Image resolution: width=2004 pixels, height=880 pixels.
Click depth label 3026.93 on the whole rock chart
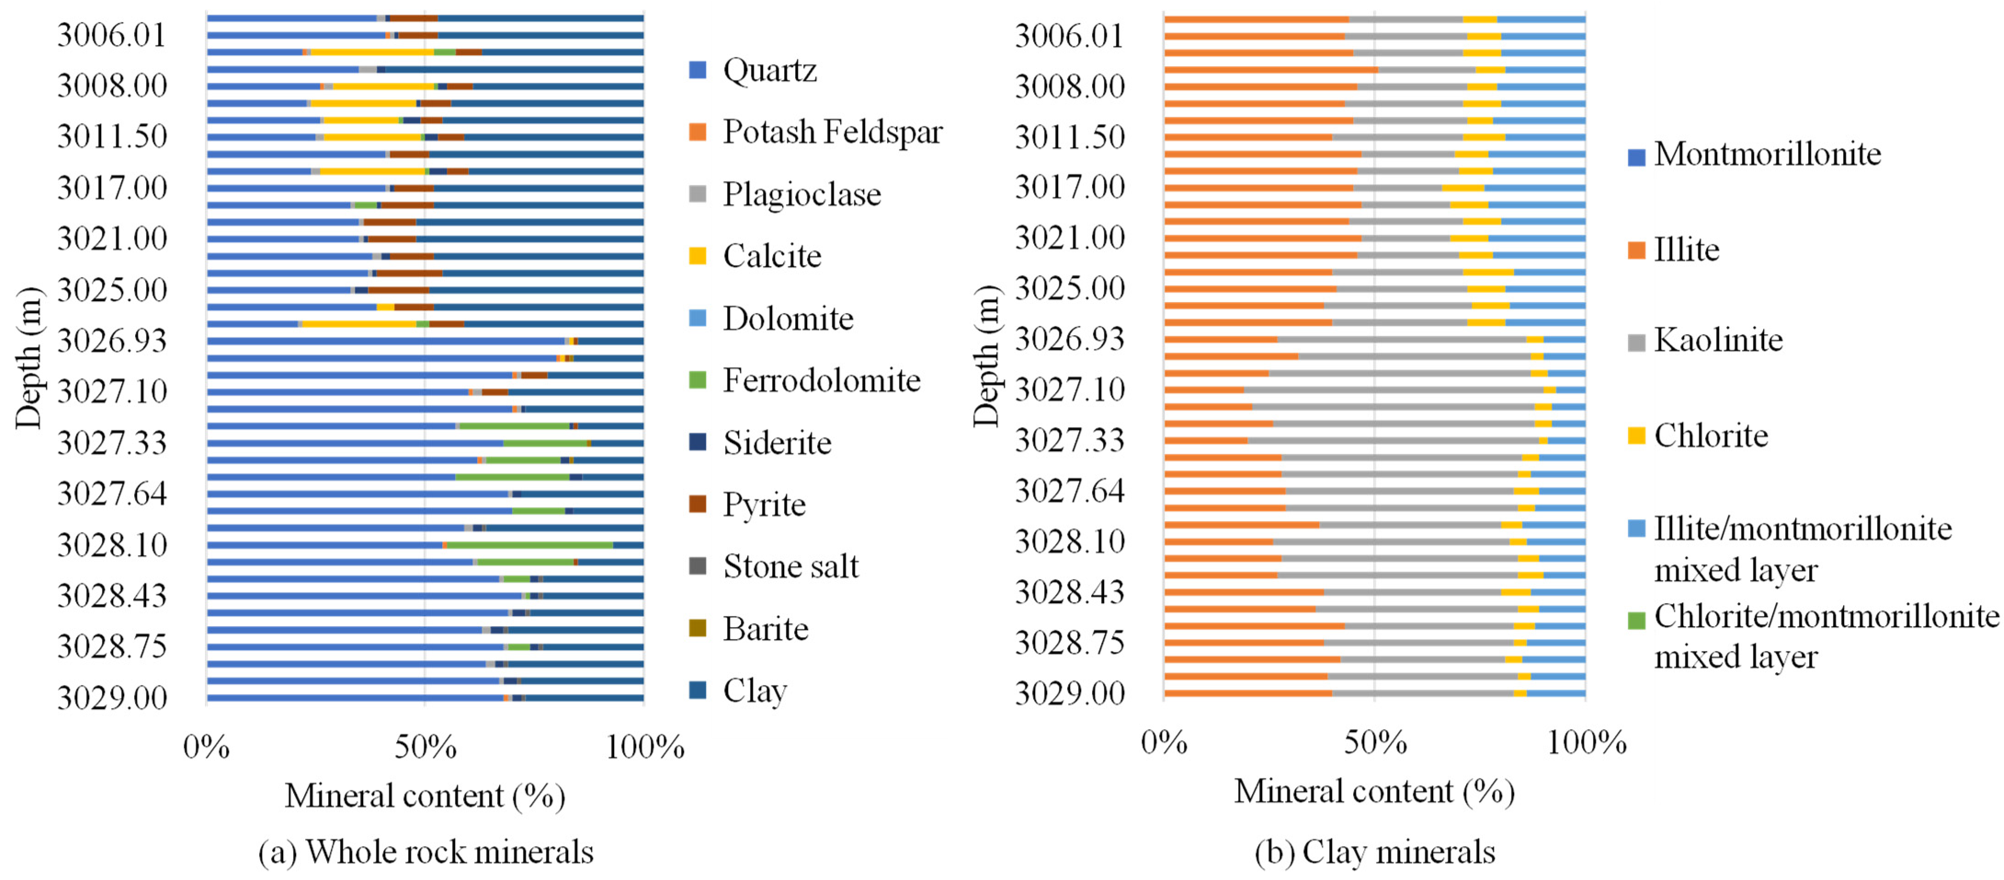coord(112,341)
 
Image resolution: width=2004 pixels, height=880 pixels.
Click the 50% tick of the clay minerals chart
coord(1375,743)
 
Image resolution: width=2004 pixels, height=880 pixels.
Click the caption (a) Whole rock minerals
coord(426,852)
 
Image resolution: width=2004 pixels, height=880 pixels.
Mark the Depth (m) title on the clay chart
coord(985,356)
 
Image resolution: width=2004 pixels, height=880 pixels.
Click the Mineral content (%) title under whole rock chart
coord(425,796)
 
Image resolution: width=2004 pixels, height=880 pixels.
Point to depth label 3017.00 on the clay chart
coord(1070,188)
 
